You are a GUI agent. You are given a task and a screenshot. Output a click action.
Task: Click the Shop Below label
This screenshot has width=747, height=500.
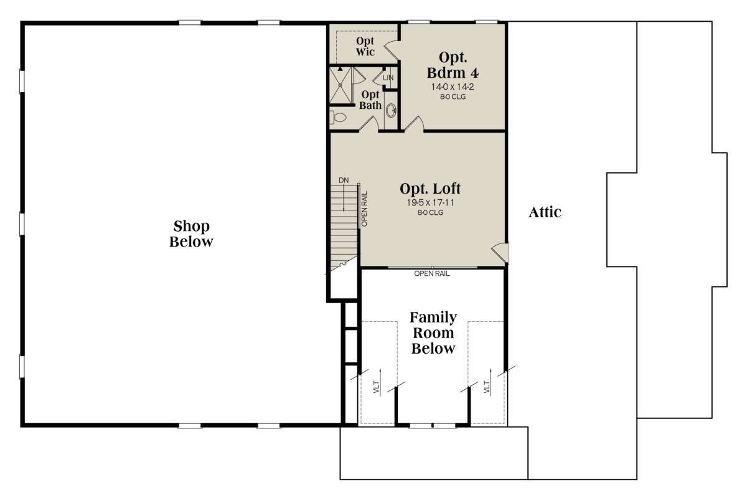[191, 234]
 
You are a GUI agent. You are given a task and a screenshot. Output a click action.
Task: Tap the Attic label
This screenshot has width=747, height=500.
[545, 212]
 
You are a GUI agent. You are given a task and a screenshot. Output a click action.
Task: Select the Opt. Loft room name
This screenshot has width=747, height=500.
[430, 189]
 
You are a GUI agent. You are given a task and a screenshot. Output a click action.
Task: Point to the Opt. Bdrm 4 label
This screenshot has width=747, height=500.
[453, 65]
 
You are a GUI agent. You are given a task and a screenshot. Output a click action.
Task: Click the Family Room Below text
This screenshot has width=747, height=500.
[433, 333]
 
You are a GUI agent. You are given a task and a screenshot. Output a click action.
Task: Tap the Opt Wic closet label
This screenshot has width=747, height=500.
[365, 46]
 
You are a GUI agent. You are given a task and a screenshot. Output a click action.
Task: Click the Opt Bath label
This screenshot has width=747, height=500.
[370, 100]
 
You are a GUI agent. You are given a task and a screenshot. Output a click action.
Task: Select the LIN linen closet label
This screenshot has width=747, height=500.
[388, 78]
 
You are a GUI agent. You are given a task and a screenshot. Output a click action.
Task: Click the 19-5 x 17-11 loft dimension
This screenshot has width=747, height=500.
[430, 202]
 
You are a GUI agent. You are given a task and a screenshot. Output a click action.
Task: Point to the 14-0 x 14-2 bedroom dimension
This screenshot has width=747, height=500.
[453, 87]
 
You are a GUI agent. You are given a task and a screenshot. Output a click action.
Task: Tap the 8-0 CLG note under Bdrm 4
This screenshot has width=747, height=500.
[453, 97]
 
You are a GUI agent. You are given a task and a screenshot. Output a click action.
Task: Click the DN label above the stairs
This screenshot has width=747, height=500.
[344, 181]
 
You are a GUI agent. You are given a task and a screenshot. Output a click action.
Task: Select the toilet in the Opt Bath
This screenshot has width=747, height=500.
[338, 118]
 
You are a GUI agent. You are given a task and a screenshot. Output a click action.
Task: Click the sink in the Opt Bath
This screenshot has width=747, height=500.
[391, 110]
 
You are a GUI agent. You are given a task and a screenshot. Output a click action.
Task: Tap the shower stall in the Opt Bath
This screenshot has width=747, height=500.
[340, 85]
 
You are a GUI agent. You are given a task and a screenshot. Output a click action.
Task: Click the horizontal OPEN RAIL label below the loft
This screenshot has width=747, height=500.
[432, 274]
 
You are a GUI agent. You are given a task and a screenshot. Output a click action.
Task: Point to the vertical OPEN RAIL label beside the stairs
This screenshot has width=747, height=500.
[364, 209]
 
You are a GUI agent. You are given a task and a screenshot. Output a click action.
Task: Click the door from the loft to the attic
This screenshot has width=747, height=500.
[500, 253]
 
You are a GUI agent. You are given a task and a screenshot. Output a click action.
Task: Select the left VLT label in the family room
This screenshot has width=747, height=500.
[377, 387]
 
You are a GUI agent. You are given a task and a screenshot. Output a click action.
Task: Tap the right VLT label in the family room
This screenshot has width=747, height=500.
[487, 387]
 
